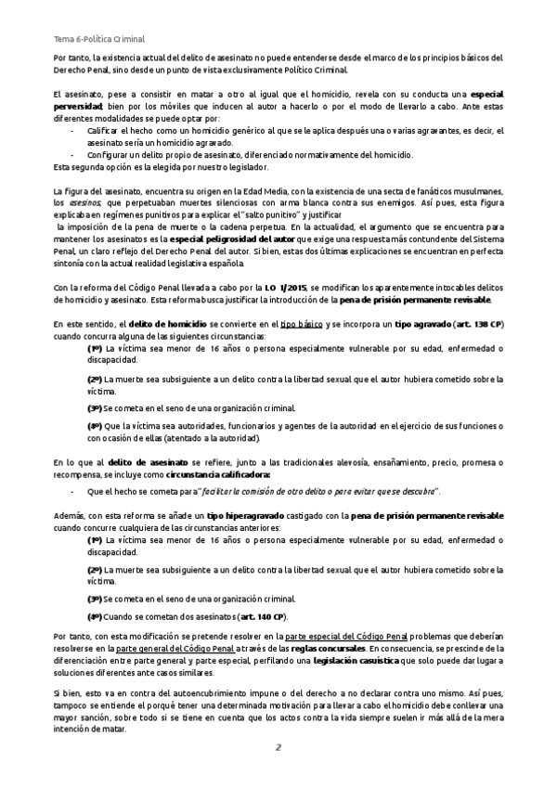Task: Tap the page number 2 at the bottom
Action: [277, 748]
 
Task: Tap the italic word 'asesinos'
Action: [84, 201]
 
